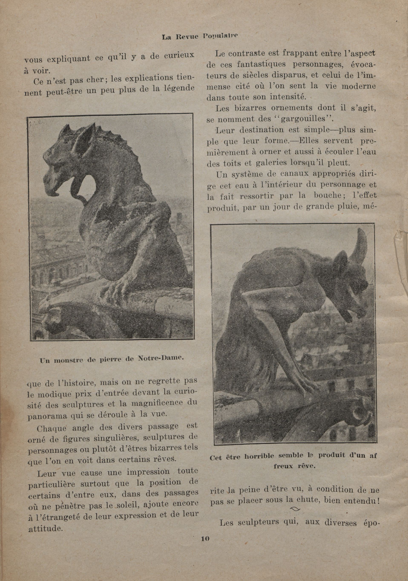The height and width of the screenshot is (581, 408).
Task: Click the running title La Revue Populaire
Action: coord(200,36)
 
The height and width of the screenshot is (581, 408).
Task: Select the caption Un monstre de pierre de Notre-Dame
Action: coord(111,359)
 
